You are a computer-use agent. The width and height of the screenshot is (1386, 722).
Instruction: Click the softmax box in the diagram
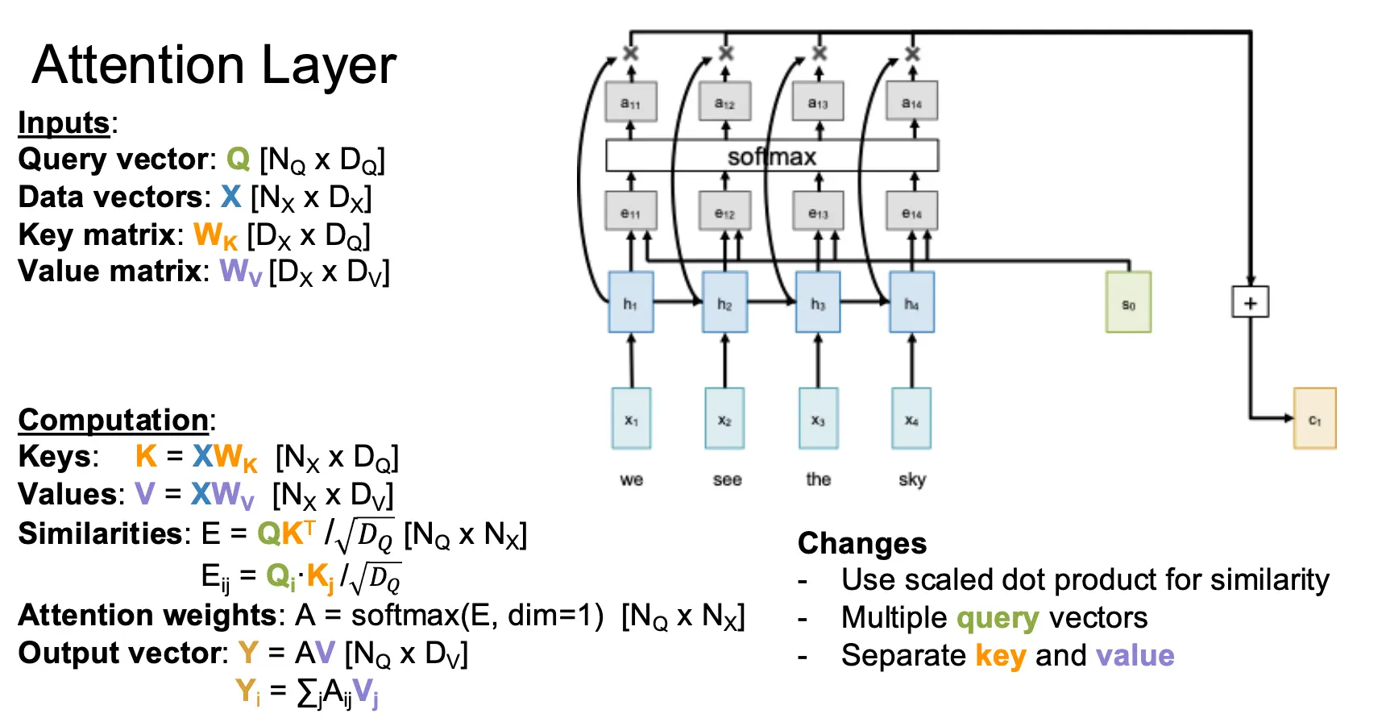[x=772, y=156]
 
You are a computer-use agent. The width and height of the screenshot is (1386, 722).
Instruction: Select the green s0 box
[x=1128, y=303]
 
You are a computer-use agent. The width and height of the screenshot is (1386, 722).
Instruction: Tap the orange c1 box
[x=1314, y=418]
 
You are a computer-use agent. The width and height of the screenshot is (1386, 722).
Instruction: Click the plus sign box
[x=1250, y=302]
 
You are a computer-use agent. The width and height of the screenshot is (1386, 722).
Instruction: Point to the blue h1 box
[x=630, y=302]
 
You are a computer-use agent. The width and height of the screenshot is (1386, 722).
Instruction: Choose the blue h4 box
[x=911, y=302]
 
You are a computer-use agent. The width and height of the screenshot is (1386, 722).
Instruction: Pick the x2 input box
[x=724, y=418]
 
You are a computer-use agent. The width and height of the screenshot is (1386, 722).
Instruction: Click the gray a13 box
[x=818, y=102]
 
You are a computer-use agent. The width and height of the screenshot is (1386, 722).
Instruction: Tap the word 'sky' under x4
[x=912, y=479]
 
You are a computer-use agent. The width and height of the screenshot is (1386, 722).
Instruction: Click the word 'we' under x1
[x=632, y=479]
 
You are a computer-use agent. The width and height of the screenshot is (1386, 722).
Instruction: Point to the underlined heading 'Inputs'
[x=64, y=122]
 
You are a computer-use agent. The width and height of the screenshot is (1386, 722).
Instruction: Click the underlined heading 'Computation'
[x=114, y=420]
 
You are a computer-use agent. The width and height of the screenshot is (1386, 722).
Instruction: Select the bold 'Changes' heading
[x=862, y=543]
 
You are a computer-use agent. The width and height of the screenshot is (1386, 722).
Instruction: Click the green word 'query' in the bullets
[x=998, y=618]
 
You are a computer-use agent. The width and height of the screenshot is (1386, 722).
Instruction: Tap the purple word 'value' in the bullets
[x=1135, y=655]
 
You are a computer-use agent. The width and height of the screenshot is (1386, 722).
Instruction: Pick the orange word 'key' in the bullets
[x=1000, y=656]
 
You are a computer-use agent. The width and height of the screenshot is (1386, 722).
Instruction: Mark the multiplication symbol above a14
[x=912, y=53]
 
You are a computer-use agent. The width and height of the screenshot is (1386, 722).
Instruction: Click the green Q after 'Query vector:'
[x=239, y=159]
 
